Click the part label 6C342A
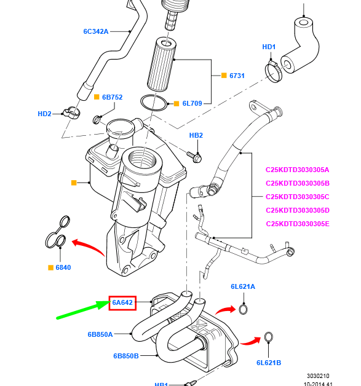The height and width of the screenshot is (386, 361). pos(96,31)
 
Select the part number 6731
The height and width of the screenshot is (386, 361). pos(237,76)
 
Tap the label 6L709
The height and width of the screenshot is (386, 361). pos(192,103)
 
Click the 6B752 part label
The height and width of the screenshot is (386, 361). pos(112,97)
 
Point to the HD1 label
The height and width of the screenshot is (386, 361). pos(269,47)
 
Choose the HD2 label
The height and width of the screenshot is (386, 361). pos(44,113)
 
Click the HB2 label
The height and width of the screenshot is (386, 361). pos(196,135)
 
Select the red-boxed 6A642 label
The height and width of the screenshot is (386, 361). pos(122,302)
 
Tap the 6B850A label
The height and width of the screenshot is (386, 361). pos(100,335)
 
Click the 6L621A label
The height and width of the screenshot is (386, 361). pos(243,286)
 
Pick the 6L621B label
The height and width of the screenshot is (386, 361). pos(269,363)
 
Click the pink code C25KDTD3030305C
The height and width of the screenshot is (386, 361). pos(298,197)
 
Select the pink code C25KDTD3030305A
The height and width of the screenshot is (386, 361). pos(298,170)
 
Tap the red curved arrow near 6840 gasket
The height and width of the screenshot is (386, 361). pos(87,248)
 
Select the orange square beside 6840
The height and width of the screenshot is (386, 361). pos(51,267)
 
